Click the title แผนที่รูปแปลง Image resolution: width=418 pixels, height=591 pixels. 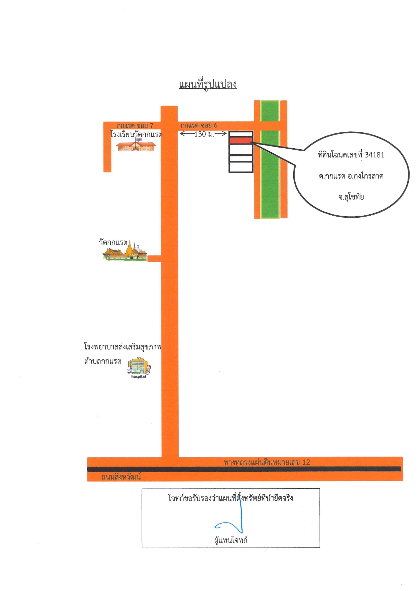(208, 84)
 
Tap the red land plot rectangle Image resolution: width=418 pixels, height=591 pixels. (241, 140)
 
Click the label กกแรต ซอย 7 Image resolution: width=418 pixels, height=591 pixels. (135, 126)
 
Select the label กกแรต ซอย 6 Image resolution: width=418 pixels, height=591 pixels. (199, 125)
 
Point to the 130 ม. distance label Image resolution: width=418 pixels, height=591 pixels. (204, 134)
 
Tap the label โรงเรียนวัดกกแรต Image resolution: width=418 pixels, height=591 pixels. (137, 134)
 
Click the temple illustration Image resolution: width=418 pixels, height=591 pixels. (125, 251)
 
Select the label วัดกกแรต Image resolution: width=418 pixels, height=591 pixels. (113, 243)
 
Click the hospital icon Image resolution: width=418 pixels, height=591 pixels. (139, 366)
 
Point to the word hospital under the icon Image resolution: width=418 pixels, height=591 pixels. (139, 377)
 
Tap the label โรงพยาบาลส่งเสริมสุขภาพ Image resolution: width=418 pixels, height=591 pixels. (123, 347)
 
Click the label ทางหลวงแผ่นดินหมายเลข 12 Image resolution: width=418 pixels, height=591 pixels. (267, 462)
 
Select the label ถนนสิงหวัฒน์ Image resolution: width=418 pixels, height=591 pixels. (121, 477)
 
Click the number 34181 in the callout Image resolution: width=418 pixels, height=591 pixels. (375, 155)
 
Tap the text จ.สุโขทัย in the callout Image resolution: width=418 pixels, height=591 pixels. (351, 197)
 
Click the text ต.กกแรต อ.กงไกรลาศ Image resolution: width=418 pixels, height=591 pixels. (351, 176)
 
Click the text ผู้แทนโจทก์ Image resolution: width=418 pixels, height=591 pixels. (231, 540)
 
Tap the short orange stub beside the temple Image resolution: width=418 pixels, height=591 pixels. (154, 258)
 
